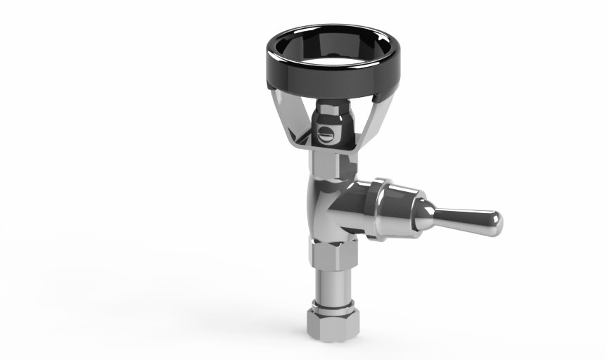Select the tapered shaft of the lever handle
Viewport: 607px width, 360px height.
click(x=464, y=217)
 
